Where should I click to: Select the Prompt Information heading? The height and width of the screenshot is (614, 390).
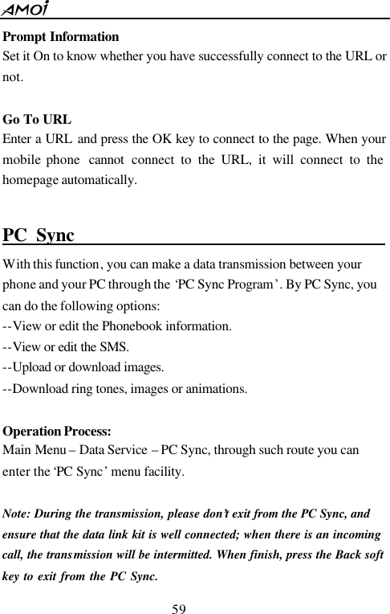pyautogui.click(x=61, y=37)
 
